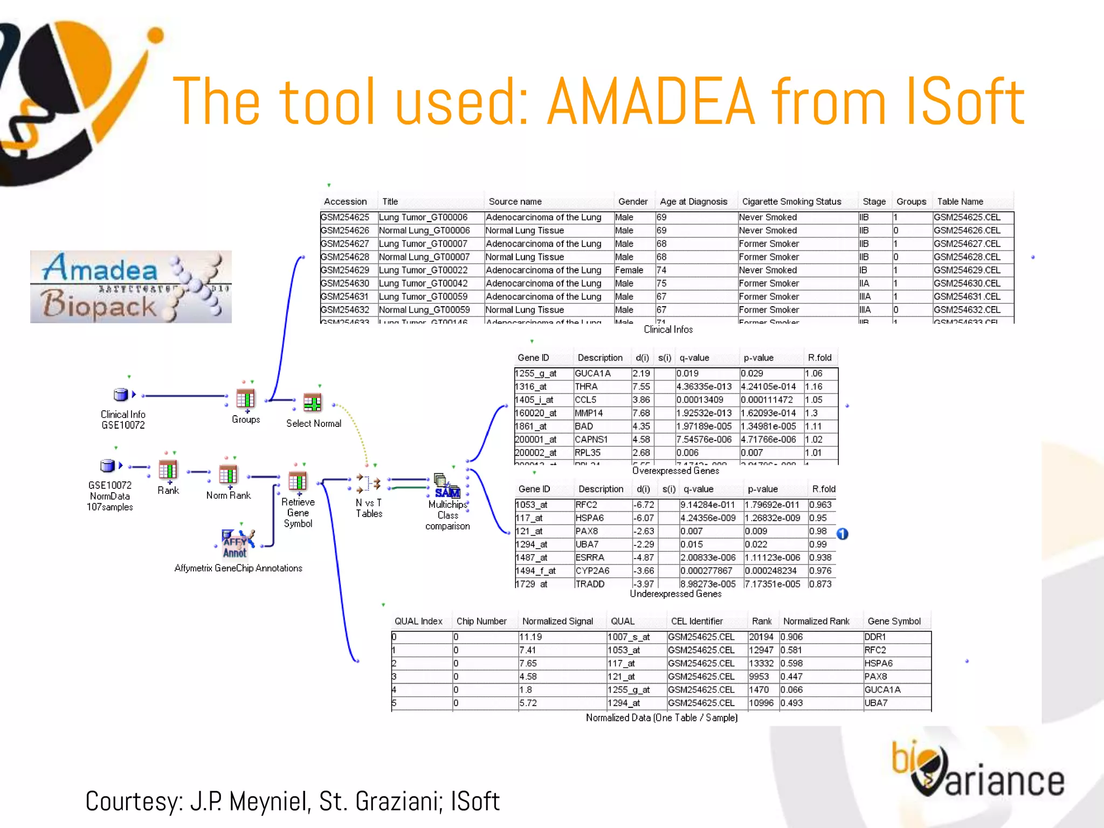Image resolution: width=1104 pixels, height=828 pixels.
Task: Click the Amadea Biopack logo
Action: click(x=130, y=287)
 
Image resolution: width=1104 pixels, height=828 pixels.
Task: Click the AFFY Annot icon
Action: click(x=236, y=543)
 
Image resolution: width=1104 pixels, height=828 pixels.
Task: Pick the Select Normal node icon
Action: click(x=312, y=403)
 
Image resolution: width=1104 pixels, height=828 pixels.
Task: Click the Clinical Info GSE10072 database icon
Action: click(x=121, y=395)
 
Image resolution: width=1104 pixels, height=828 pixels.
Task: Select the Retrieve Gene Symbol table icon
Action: click(x=298, y=481)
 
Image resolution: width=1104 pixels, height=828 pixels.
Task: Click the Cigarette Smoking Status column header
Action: click(x=791, y=202)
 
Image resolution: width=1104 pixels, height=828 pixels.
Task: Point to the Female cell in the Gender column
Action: click(x=629, y=270)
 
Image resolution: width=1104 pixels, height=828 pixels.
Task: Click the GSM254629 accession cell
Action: click(x=345, y=270)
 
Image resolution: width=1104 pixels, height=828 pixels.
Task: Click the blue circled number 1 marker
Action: click(x=843, y=534)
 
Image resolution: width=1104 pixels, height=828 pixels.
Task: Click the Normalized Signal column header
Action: click(x=557, y=621)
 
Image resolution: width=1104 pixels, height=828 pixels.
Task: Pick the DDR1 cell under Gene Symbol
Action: click(x=875, y=637)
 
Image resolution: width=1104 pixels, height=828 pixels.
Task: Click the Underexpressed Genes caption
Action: click(x=675, y=594)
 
